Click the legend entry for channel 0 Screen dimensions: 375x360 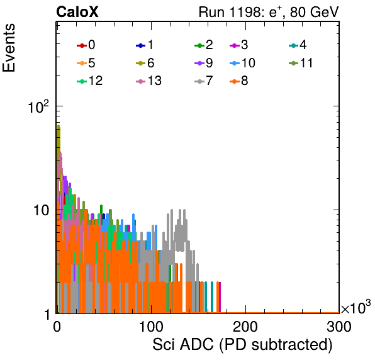pyautogui.click(x=86, y=45)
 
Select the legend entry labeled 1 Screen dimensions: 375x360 pyautogui.click(x=145, y=45)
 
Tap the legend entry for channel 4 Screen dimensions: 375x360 pyautogui.click(x=298, y=45)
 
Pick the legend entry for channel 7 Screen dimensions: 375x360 pyautogui.click(x=203, y=81)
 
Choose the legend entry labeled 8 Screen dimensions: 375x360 pyautogui.click(x=238, y=81)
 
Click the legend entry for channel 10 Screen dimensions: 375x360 pyautogui.click(x=242, y=63)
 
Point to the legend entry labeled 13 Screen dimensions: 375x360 pyautogui.click(x=148, y=81)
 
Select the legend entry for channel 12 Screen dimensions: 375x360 pyautogui.click(x=90, y=81)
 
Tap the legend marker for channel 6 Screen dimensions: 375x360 pyautogui.click(x=141, y=64)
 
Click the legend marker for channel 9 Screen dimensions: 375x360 pyautogui.click(x=199, y=64)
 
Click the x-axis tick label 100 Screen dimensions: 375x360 pyautogui.click(x=152, y=327)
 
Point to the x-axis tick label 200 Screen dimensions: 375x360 pyautogui.click(x=245, y=327)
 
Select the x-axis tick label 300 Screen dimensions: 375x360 pyautogui.click(x=339, y=327)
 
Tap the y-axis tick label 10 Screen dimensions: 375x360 pyautogui.click(x=42, y=210)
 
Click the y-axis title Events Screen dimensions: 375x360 pyautogui.click(x=9, y=48)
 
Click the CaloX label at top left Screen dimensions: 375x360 pyautogui.click(x=77, y=12)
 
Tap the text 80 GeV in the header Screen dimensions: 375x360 pyautogui.click(x=314, y=12)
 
